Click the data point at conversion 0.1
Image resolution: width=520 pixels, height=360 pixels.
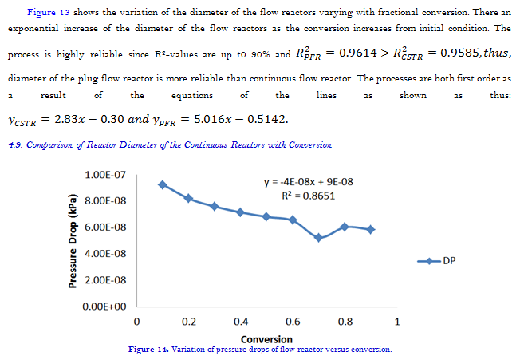click(x=163, y=184)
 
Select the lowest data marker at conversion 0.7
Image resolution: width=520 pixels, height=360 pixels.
click(x=319, y=238)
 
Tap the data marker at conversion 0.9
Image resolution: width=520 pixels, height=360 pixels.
click(x=371, y=229)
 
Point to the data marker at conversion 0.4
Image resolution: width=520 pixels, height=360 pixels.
click(x=241, y=212)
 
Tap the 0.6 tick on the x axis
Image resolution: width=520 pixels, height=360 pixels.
click(x=293, y=322)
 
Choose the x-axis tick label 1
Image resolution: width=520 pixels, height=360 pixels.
click(x=397, y=322)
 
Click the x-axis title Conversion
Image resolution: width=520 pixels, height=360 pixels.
click(x=266, y=339)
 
